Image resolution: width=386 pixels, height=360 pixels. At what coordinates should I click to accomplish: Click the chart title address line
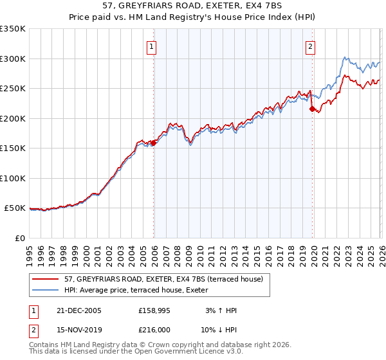[192, 6]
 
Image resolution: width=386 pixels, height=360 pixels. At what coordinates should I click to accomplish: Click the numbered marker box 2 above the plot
[310, 46]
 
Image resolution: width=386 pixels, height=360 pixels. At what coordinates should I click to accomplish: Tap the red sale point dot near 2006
[154, 143]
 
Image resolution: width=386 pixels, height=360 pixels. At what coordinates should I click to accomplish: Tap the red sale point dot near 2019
[312, 109]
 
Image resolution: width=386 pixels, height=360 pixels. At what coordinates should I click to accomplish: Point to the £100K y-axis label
[13, 178]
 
